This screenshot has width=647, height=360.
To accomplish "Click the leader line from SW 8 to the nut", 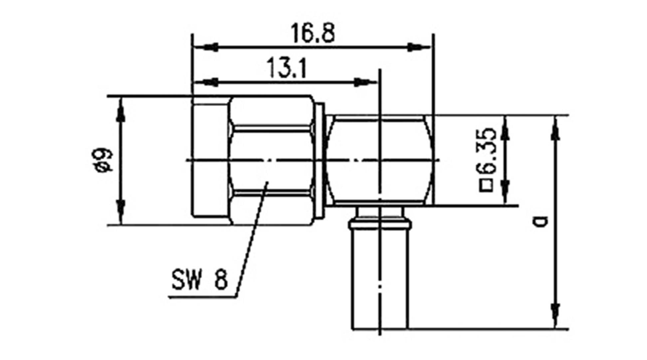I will click(x=251, y=240).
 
